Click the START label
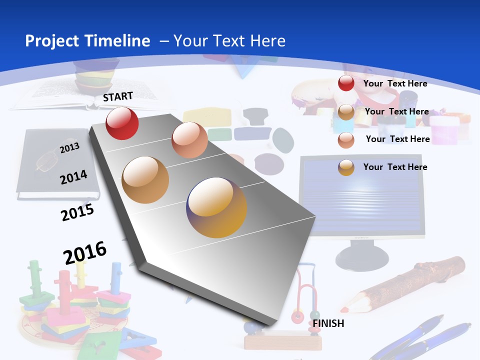point(118,96)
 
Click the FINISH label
point(328,323)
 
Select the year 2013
point(69,148)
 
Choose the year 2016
point(85,252)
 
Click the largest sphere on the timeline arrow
point(216,207)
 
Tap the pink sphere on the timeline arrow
point(189,140)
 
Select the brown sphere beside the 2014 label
point(145,180)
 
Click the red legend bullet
point(346,83)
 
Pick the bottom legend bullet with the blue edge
point(346,167)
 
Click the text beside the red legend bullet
point(395,83)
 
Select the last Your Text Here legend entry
point(395,167)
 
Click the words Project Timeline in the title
point(87,41)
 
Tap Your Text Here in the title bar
point(229,41)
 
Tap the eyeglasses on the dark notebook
point(47,161)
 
